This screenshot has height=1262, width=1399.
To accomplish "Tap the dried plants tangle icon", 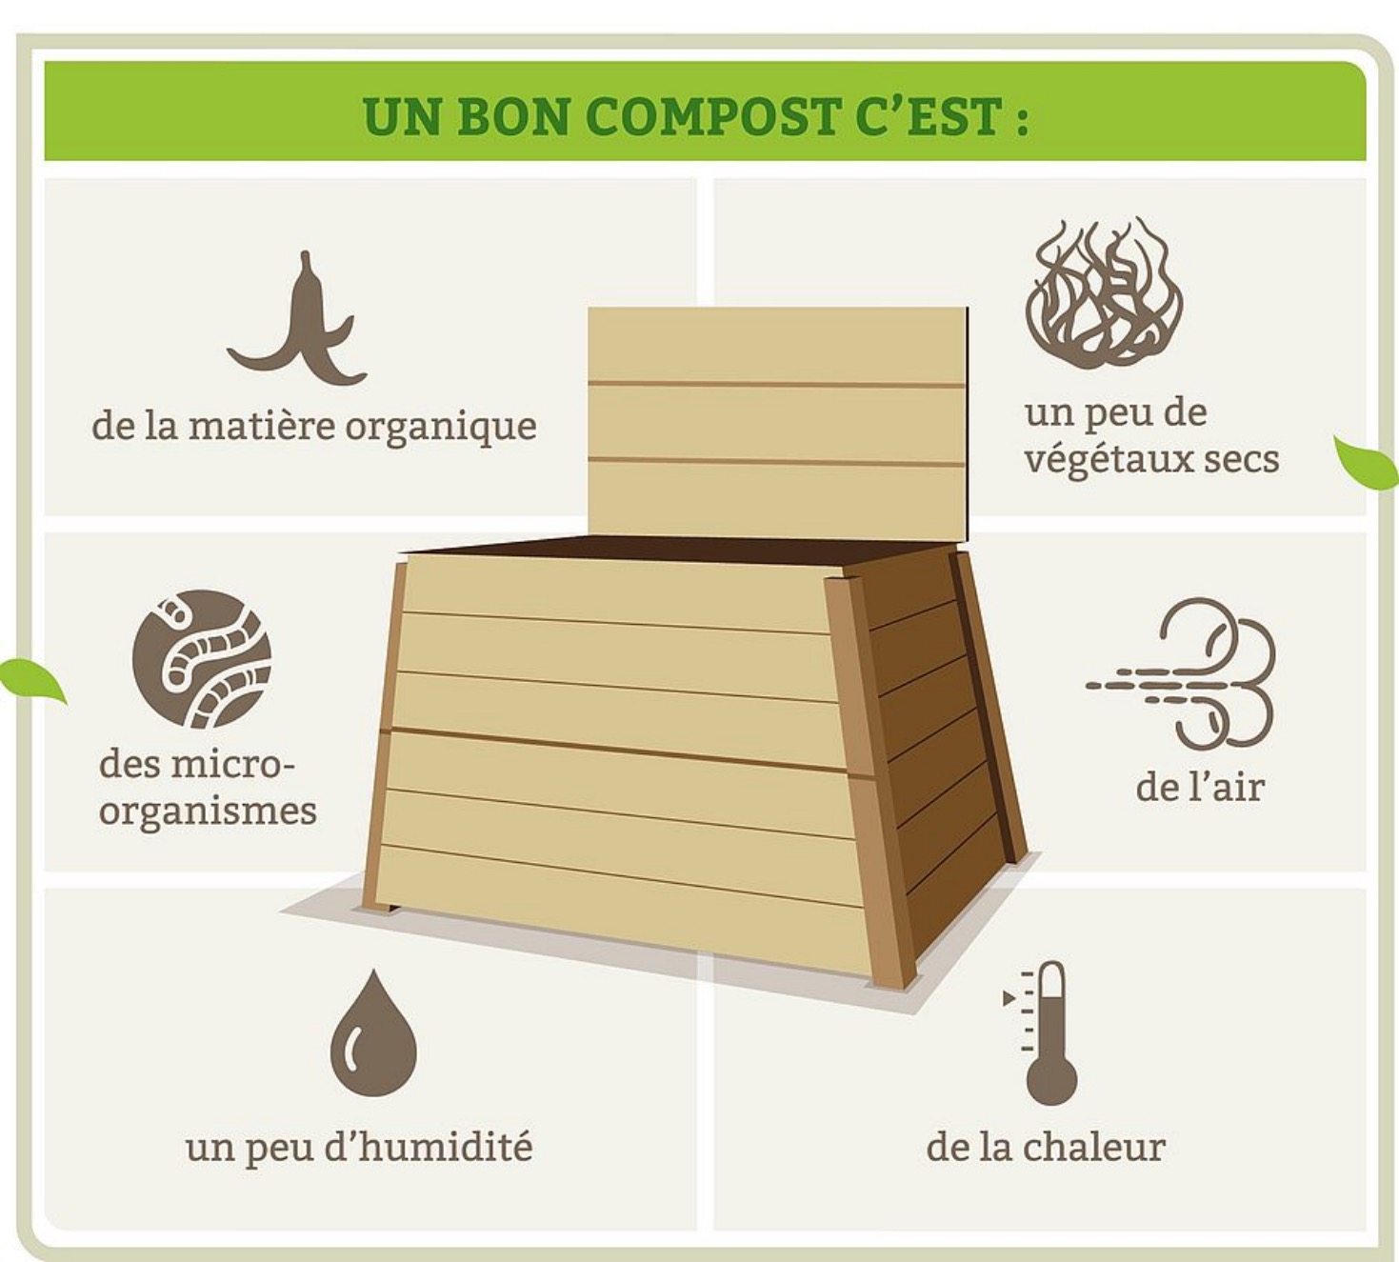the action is pyautogui.click(x=1104, y=294).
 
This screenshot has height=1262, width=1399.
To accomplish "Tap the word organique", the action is pyautogui.click(x=441, y=428).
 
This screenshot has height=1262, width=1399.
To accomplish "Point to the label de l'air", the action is pyautogui.click(x=1200, y=787).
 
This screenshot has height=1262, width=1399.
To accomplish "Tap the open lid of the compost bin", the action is pyautogui.click(x=777, y=422).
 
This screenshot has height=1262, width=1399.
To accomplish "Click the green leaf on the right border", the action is pyautogui.click(x=1367, y=463).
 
